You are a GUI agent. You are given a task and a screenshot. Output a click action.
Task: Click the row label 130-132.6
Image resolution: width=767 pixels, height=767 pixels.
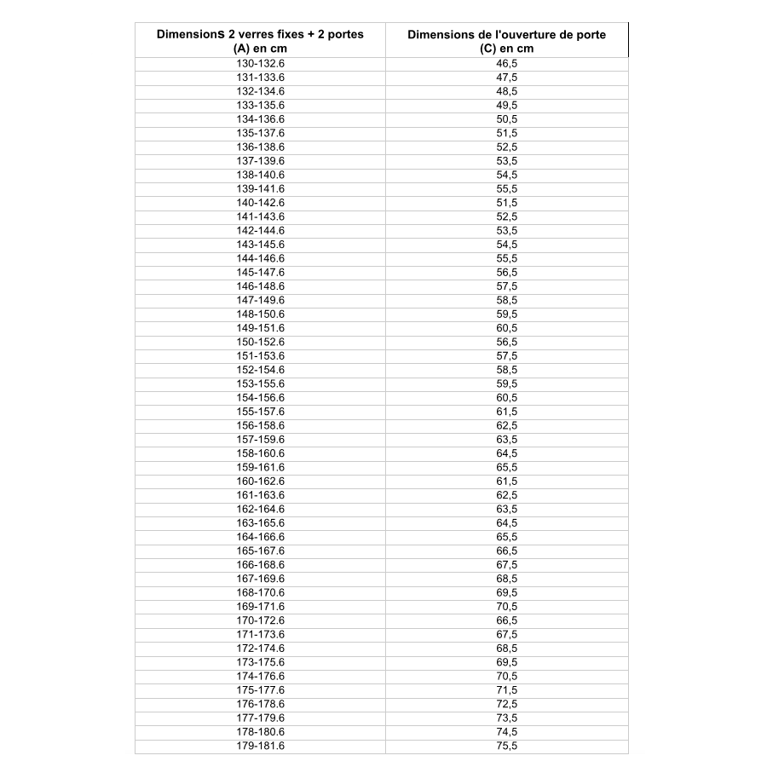[x=260, y=64]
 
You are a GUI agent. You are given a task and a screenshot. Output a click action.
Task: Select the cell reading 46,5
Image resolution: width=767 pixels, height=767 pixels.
[x=506, y=64]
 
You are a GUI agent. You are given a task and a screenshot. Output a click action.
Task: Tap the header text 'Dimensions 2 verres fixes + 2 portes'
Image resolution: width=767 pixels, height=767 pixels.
[x=260, y=35]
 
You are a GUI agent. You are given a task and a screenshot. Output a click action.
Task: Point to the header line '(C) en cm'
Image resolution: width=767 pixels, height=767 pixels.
[x=506, y=49]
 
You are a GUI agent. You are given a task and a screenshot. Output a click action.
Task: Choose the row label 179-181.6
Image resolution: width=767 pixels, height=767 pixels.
[x=260, y=746]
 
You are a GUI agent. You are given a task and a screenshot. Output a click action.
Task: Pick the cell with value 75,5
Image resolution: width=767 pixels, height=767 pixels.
[x=506, y=746]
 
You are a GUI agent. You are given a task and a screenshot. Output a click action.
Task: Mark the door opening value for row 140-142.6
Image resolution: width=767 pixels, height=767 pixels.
[x=506, y=203]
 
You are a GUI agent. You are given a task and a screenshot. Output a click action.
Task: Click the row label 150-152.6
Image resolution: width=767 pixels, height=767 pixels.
[x=260, y=342]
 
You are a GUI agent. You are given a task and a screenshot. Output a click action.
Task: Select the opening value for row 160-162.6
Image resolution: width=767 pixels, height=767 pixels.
[x=506, y=482]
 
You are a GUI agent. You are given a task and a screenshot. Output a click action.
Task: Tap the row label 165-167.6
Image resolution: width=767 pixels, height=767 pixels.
[x=260, y=551]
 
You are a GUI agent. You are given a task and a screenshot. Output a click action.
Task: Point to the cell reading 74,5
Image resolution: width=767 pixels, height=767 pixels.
[x=506, y=732]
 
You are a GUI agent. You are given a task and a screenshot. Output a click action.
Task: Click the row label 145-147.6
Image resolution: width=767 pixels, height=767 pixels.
[x=260, y=273]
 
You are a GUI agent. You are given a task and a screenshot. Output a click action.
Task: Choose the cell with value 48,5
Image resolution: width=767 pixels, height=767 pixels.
[x=506, y=91]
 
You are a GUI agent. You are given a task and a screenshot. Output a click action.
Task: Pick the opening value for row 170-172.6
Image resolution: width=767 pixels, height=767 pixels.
[x=506, y=620]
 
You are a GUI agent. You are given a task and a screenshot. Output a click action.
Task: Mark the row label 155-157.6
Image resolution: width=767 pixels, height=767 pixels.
[x=260, y=412]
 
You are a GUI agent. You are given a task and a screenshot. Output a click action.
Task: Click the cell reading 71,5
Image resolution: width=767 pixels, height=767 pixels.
[x=506, y=690]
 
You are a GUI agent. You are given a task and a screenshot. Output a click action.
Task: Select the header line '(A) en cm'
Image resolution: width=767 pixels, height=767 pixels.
[x=260, y=49]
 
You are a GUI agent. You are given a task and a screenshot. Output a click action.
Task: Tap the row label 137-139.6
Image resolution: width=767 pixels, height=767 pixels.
[x=260, y=161]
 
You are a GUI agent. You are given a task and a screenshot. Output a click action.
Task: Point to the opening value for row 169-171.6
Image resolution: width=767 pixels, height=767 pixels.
[x=506, y=607]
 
